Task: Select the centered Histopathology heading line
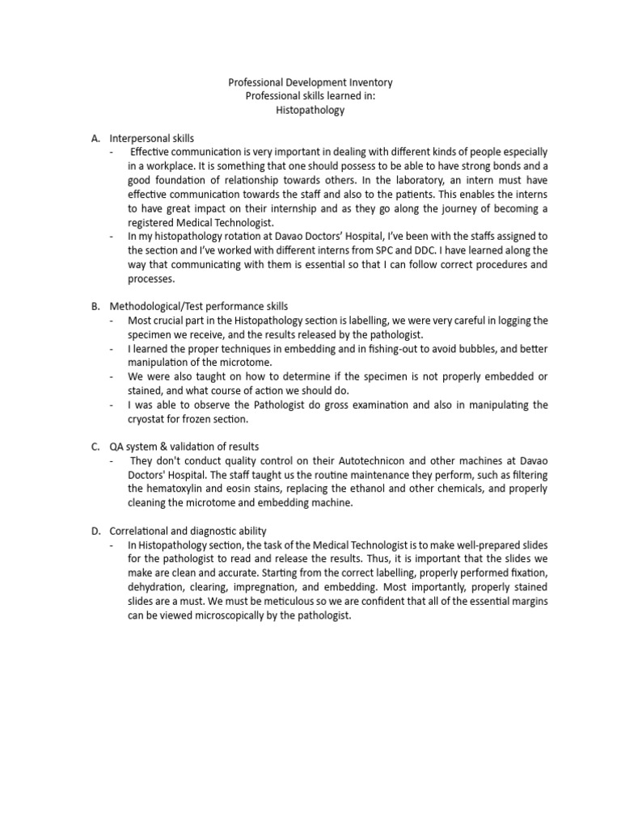pyautogui.click(x=310, y=110)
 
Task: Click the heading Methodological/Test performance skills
pyautogui.click(x=199, y=306)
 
